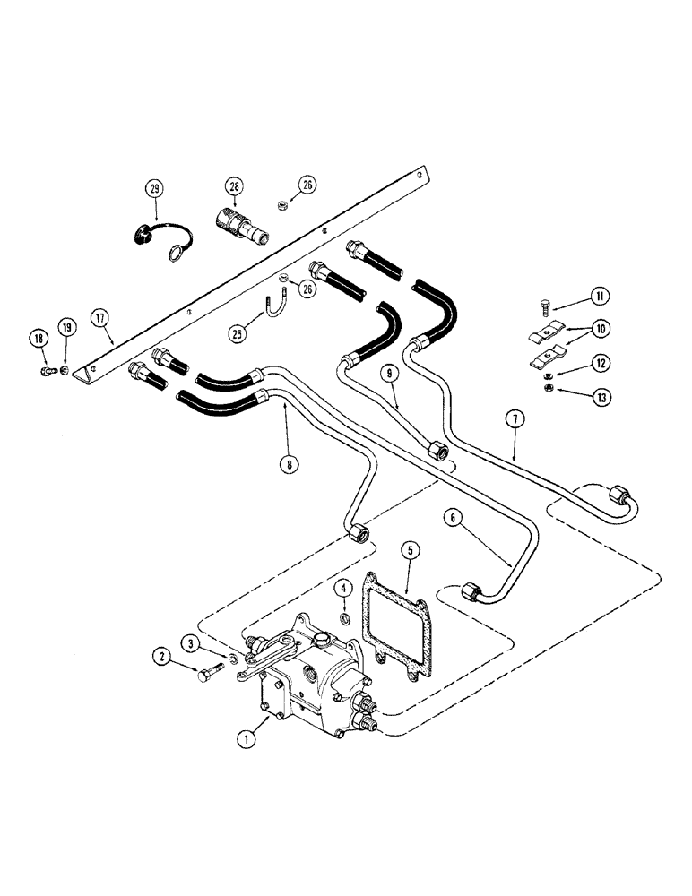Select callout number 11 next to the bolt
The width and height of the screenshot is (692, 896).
click(597, 297)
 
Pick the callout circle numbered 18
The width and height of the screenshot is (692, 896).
click(38, 338)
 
